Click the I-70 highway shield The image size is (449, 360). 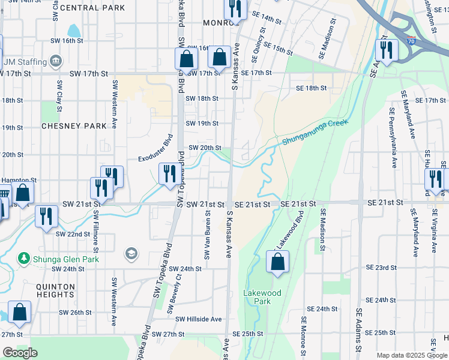click(x=410, y=41)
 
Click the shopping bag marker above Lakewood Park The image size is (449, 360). click(x=277, y=262)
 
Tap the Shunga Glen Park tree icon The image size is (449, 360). click(x=23, y=259)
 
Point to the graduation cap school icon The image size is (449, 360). click(x=130, y=254)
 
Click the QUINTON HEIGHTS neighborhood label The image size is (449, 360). click(x=55, y=291)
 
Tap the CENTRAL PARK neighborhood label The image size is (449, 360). click(x=93, y=8)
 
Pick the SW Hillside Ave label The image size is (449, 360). click(x=198, y=319)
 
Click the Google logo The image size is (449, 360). click(x=20, y=353)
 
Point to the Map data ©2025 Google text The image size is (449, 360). click(x=411, y=355)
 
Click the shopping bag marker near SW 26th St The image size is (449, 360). click(x=19, y=312)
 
